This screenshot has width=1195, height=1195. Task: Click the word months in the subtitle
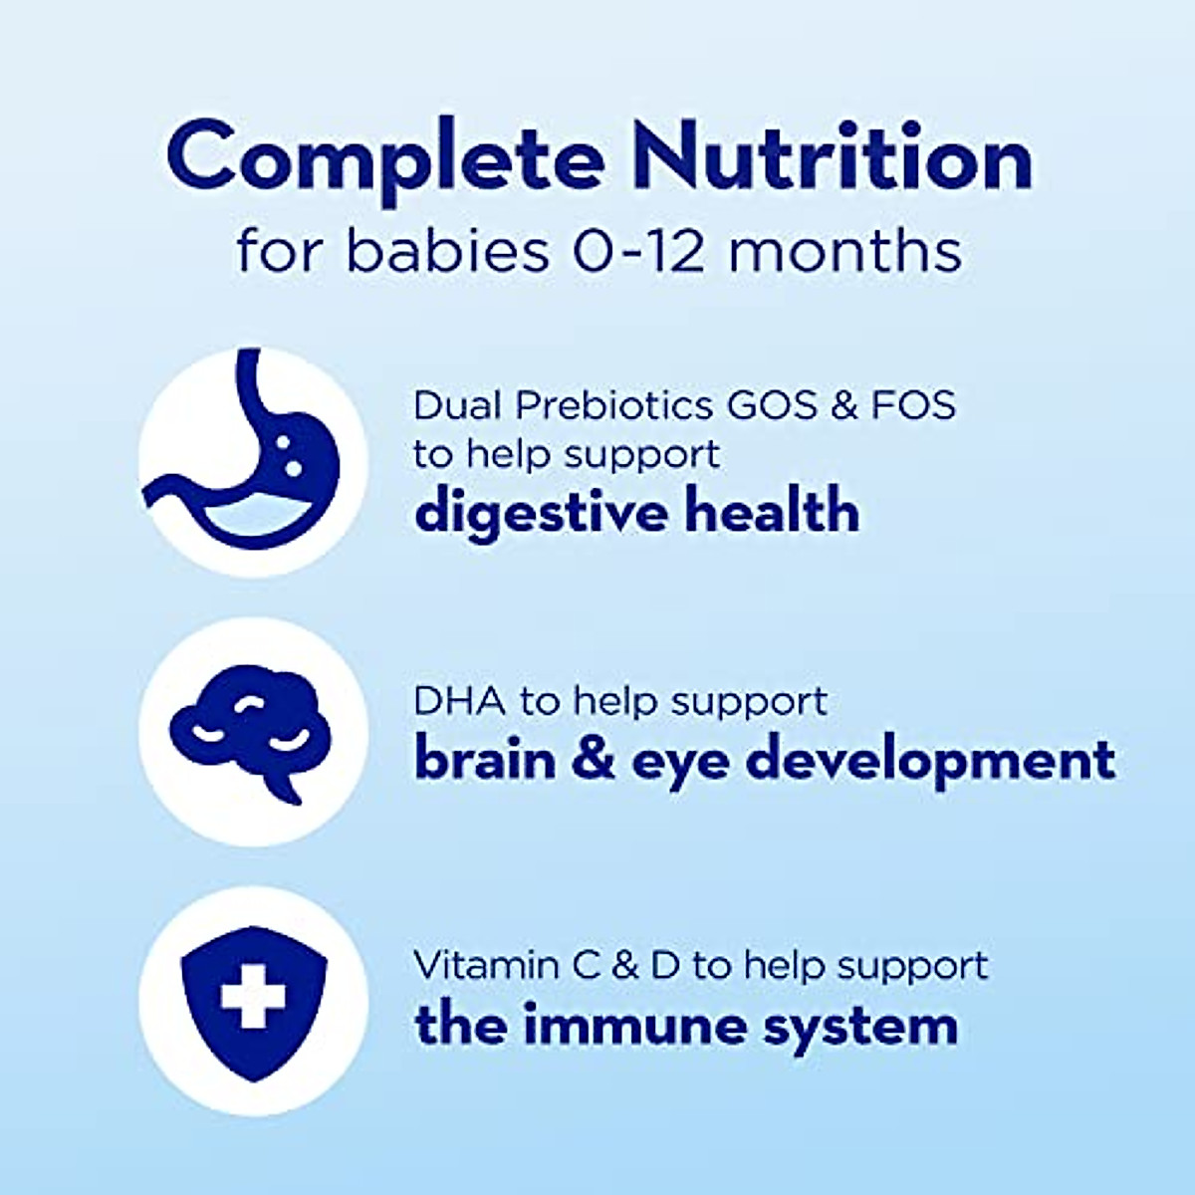tap(845, 251)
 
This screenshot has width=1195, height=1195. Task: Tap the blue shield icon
tap(253, 1000)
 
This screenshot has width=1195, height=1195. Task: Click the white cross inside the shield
tap(253, 993)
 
